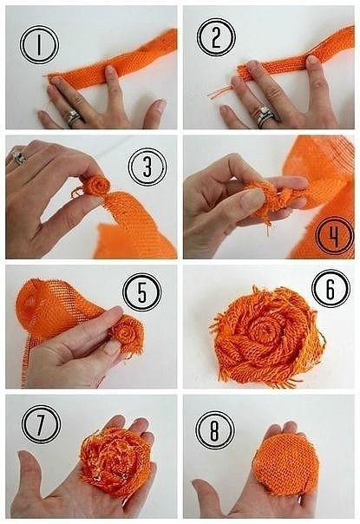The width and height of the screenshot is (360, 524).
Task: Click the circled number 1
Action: pyautogui.click(x=39, y=45)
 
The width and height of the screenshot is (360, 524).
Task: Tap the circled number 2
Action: pyautogui.click(x=216, y=37)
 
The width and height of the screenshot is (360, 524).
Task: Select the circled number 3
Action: pyautogui.click(x=147, y=167)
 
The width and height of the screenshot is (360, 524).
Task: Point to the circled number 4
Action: pyautogui.click(x=335, y=235)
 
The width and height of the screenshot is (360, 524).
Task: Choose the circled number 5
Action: pyautogui.click(x=142, y=292)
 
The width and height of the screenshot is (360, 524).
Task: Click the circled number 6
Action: pyautogui.click(x=331, y=288)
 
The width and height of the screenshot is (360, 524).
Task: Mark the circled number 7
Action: pyautogui.click(x=41, y=424)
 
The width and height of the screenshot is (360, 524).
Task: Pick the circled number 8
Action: pyautogui.click(x=215, y=430)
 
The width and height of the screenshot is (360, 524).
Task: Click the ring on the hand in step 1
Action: pyautogui.click(x=74, y=118)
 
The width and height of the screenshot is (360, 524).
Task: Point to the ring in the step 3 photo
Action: pyautogui.click(x=19, y=157)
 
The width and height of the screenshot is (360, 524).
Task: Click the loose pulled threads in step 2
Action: pyautogui.click(x=219, y=92)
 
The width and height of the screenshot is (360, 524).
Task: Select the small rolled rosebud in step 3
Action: pyautogui.click(x=95, y=187)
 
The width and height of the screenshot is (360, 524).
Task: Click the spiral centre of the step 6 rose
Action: pyautogui.click(x=261, y=330)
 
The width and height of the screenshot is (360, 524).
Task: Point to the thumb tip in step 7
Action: pyautogui.click(x=24, y=457)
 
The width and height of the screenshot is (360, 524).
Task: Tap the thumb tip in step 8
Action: pyautogui.click(x=199, y=486)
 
